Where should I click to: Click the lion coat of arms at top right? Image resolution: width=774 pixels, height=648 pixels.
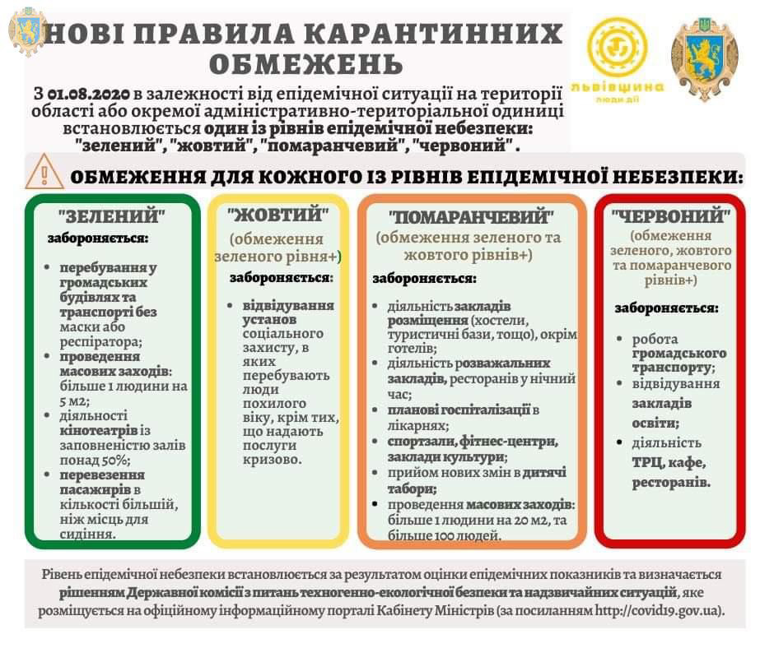[x=704, y=59]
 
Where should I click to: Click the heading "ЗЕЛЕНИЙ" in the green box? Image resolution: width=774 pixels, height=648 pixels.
[x=112, y=216]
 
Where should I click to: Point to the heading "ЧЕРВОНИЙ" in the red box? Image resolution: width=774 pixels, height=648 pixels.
[x=671, y=216]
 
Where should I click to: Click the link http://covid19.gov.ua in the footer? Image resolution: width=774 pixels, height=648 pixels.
[x=660, y=611]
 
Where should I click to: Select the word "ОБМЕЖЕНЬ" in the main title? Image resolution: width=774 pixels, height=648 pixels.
[x=306, y=63]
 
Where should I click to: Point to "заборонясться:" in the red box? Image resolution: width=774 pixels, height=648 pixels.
[x=666, y=308]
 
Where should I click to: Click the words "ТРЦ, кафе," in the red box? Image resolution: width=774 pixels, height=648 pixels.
[x=668, y=463]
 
